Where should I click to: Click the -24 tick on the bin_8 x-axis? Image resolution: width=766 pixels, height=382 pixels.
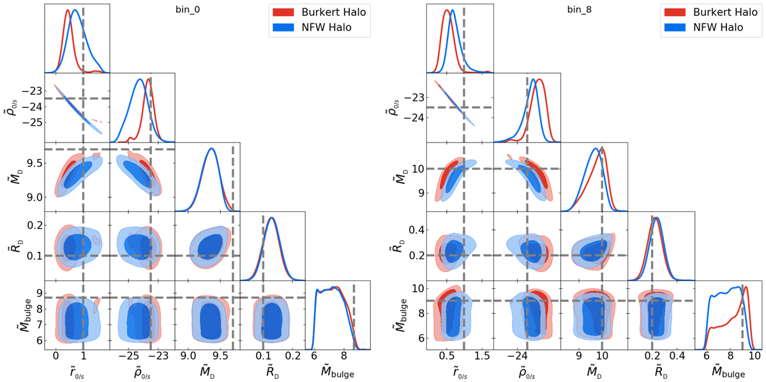tap(516, 355)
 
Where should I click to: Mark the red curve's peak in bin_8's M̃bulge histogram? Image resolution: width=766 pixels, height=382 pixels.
tap(745, 287)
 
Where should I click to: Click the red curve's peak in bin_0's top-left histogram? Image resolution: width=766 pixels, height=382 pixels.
tap(68, 10)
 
